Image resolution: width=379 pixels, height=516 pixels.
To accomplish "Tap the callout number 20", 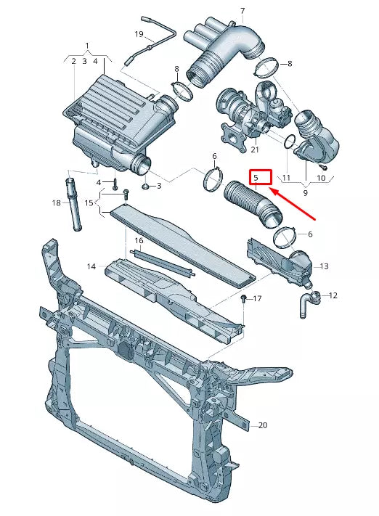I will pos(262,425).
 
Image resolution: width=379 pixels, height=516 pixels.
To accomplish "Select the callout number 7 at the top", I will pos(242,12).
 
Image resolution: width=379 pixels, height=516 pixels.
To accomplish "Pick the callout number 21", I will pos(254,150).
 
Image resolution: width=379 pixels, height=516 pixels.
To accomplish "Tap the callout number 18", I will pos(57,203).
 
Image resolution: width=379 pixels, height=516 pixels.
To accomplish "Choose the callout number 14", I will pos(91,267).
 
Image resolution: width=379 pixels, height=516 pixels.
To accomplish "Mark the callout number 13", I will pos(324,266).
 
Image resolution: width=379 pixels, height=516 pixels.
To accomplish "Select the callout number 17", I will pos(257,299).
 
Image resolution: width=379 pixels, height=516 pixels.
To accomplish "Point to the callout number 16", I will pos(138,240).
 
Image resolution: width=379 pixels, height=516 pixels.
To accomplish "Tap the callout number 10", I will pos(320,177).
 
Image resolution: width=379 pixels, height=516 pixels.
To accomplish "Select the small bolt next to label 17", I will pos(244,298).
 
